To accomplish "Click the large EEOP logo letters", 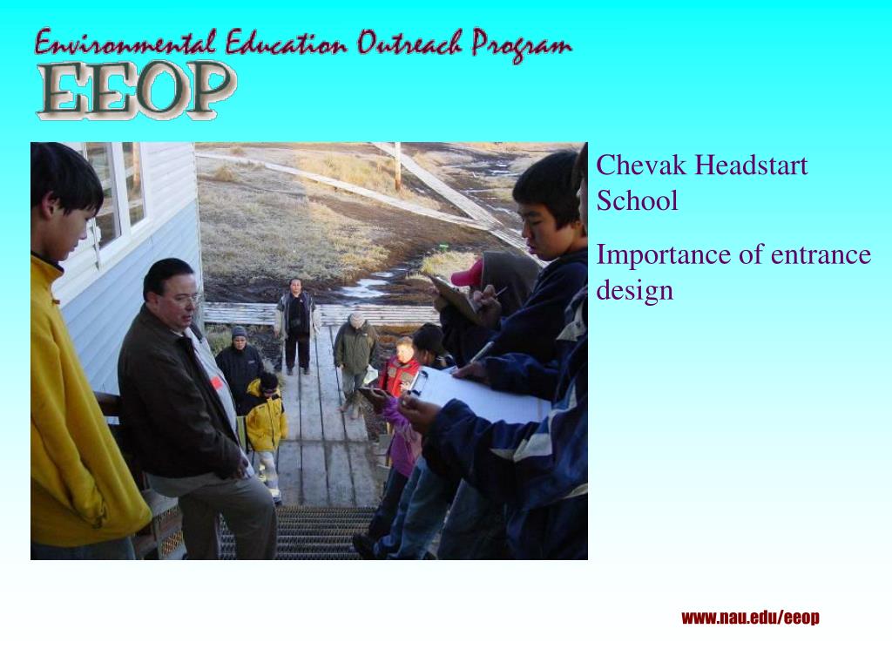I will coord(135,91).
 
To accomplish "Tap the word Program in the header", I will coord(522,44).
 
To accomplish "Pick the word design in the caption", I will coord(634,290).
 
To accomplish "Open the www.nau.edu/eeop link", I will coord(750,618).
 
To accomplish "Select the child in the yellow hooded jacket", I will coord(265,418).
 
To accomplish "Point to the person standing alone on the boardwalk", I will coord(297,322).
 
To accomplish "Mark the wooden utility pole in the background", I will coord(397,166).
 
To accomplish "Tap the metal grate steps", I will coord(296,531).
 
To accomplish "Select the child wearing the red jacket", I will coord(400,370).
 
